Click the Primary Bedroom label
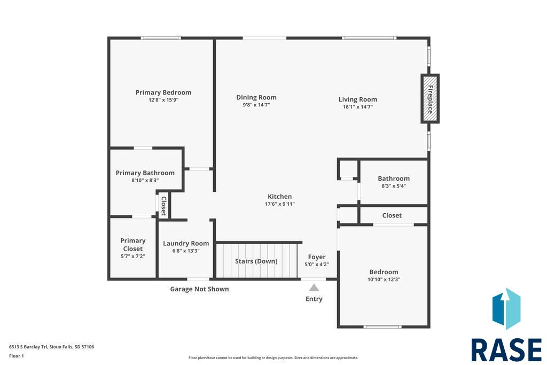point(163,92)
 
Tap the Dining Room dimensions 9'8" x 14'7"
point(256,105)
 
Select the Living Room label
point(357,99)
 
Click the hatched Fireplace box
point(430,99)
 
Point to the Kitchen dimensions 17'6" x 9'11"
point(280,204)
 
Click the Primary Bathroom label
point(145,173)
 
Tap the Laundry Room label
point(186,244)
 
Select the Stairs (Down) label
point(256,261)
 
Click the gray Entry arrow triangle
point(314,288)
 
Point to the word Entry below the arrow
point(314,299)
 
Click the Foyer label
point(317,257)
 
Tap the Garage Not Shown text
point(200,289)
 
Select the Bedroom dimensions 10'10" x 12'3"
point(384,279)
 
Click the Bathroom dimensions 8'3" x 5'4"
point(394,186)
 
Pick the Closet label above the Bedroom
point(392,216)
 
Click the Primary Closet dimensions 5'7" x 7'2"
point(132,256)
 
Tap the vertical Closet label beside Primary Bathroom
point(163,206)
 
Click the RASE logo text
point(506,350)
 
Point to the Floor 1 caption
point(17,356)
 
